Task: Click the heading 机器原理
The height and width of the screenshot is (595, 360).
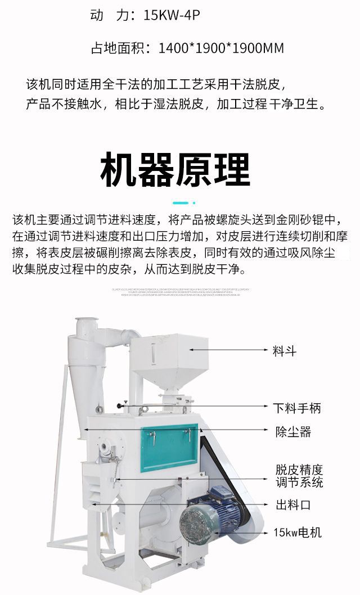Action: tap(175, 169)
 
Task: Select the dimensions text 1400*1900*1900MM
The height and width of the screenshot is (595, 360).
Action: tap(221, 48)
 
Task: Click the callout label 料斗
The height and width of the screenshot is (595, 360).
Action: tap(285, 351)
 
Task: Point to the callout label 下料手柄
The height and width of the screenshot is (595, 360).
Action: tap(297, 408)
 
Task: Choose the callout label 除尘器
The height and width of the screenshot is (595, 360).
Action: tap(292, 432)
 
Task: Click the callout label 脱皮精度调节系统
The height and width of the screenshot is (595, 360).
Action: tap(299, 476)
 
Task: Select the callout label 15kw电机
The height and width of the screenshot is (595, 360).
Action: tap(298, 532)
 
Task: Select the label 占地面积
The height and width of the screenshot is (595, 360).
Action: tap(117, 48)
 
